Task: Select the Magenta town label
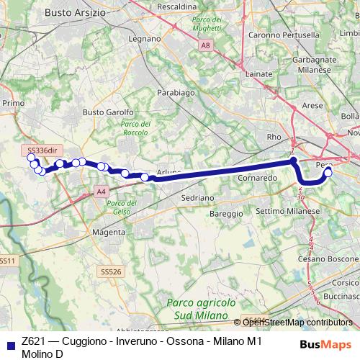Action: [x=109, y=233]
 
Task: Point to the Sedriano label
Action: [x=197, y=197]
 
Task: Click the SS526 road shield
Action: [x=110, y=272]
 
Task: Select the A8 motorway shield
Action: [x=207, y=45]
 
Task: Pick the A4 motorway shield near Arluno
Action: [x=100, y=191]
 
